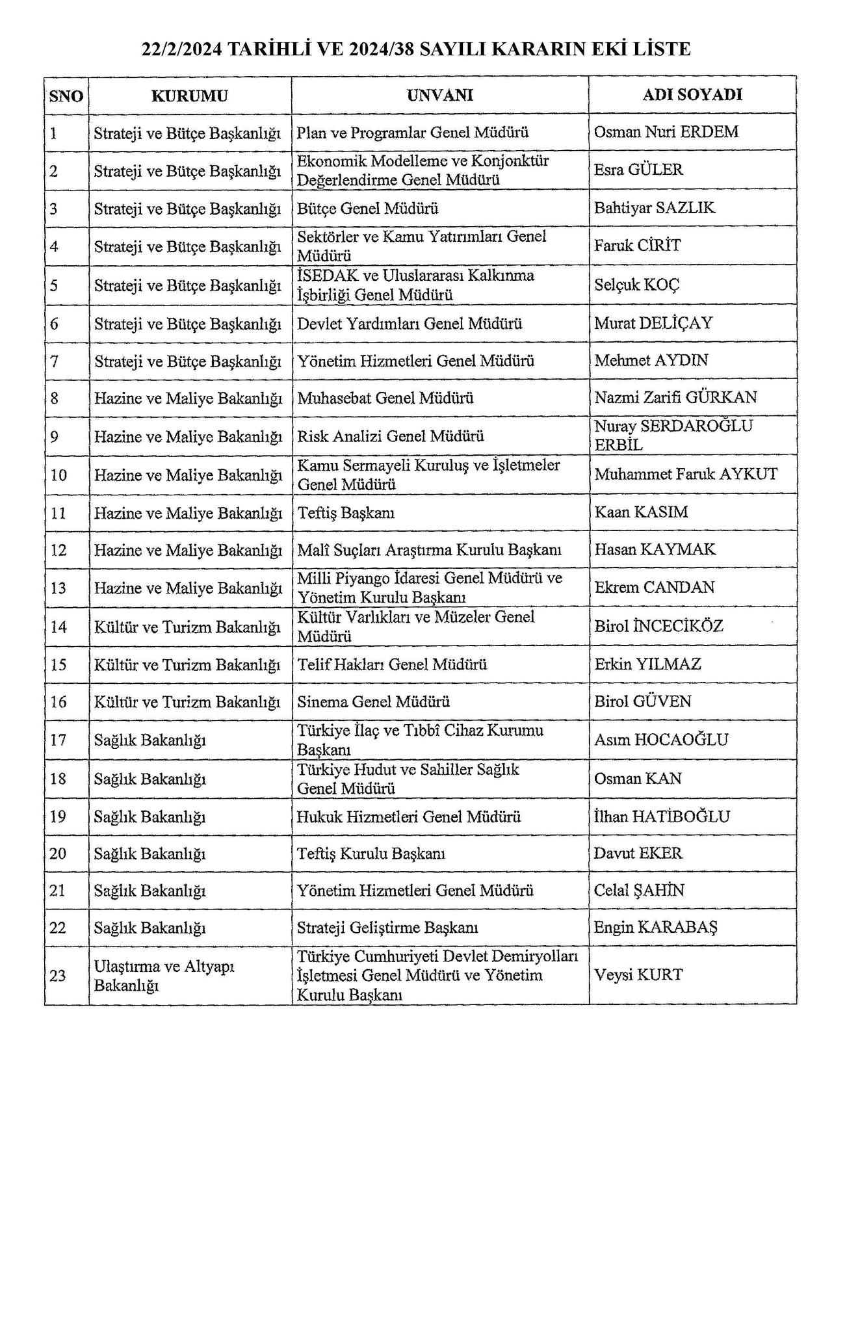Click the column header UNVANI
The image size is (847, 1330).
tap(440, 96)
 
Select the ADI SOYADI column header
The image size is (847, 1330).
tap(692, 95)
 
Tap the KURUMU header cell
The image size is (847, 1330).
tap(190, 96)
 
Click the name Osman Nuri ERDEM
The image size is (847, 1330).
tap(666, 132)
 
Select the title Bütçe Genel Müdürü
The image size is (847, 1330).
tap(368, 208)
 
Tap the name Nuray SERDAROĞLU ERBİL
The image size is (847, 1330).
tap(673, 435)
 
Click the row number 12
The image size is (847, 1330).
tap(59, 550)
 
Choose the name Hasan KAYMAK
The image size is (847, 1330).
tap(655, 549)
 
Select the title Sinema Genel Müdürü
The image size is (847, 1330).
tap(374, 701)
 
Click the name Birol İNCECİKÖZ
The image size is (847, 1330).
tap(658, 626)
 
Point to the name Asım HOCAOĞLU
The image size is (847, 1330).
tap(661, 739)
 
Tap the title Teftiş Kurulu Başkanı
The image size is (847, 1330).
tap(371, 853)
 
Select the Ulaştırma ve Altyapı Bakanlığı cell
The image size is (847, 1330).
tap(164, 975)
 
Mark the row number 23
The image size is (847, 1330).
tap(59, 975)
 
